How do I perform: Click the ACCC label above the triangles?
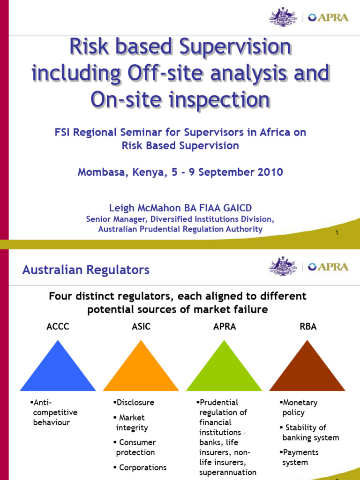(58, 327)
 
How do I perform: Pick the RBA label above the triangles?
(308, 327)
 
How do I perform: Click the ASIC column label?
(141, 327)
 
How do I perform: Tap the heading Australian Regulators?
(86, 270)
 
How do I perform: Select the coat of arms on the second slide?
(283, 266)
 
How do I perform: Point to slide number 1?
(337, 233)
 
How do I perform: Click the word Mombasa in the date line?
(99, 172)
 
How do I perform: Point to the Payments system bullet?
(300, 457)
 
